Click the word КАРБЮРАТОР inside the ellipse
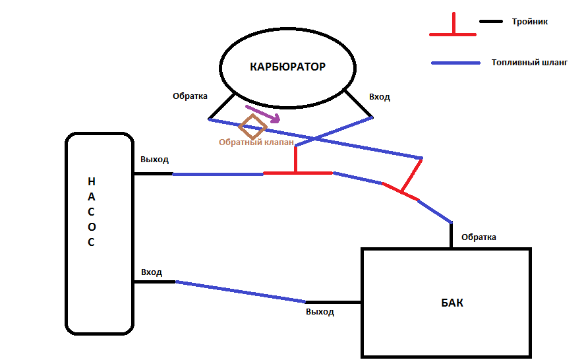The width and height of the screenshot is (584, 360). tap(287, 67)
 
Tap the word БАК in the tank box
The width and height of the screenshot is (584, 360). tap(452, 303)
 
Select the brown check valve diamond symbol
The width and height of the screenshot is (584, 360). tap(252, 126)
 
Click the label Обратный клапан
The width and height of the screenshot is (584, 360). tap(256, 142)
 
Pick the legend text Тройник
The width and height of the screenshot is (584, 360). tap(529, 22)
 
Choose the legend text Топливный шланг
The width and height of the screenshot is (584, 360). tap(529, 63)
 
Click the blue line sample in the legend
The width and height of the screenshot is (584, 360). tap(455, 63)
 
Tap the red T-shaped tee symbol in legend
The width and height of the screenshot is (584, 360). tap(452, 26)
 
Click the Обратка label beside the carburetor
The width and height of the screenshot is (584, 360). tap(190, 96)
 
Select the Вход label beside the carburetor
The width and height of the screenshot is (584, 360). tap(379, 97)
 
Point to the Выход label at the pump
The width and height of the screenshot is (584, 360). tap(154, 160)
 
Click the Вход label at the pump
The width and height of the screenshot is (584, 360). tap(151, 272)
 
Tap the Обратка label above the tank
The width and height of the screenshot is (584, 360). tap(479, 237)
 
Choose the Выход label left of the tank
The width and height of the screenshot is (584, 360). tap(320, 312)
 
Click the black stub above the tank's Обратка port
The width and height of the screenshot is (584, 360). tap(452, 235)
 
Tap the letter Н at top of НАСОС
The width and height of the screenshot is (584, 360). tap(92, 181)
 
